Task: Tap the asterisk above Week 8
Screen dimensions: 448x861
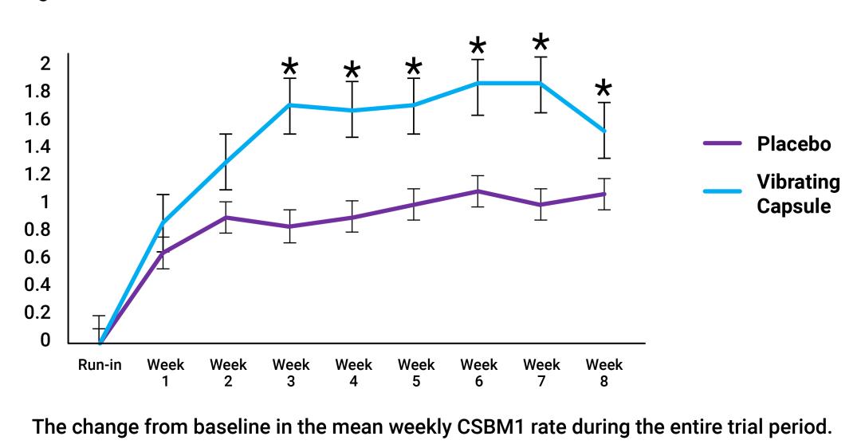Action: tap(604, 89)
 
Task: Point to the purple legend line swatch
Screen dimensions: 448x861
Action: tap(723, 144)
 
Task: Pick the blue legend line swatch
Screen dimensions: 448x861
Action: tap(723, 191)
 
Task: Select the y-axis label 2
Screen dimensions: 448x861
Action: tap(46, 64)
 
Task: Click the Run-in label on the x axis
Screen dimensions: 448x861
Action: tap(100, 366)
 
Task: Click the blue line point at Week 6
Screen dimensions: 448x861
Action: tap(478, 83)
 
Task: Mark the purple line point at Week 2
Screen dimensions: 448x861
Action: tap(227, 217)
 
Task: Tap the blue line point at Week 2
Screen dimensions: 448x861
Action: tap(227, 163)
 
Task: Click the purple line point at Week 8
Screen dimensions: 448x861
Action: tap(604, 194)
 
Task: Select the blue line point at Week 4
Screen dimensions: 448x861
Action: tap(352, 110)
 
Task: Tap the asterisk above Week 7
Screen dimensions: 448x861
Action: tap(541, 43)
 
